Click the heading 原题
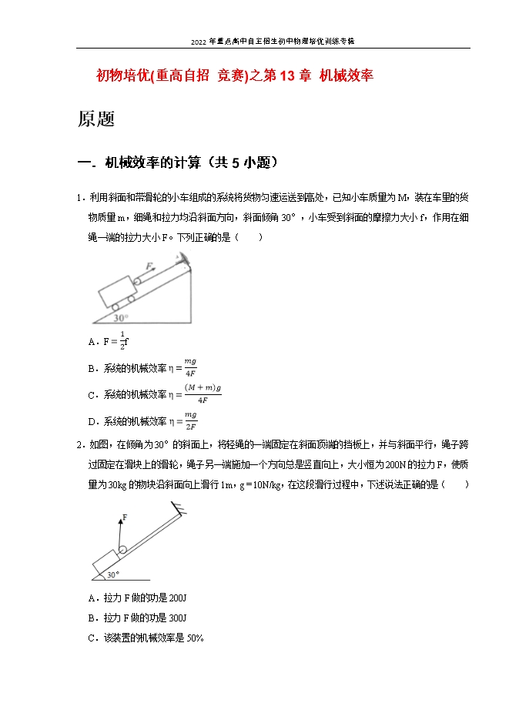pos(96,119)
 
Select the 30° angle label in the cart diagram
pos(121,317)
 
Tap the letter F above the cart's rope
pos(149,266)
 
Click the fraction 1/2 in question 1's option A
pos(121,341)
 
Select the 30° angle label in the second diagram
pos(112,574)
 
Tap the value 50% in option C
pos(194,638)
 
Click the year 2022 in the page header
pos(200,41)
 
